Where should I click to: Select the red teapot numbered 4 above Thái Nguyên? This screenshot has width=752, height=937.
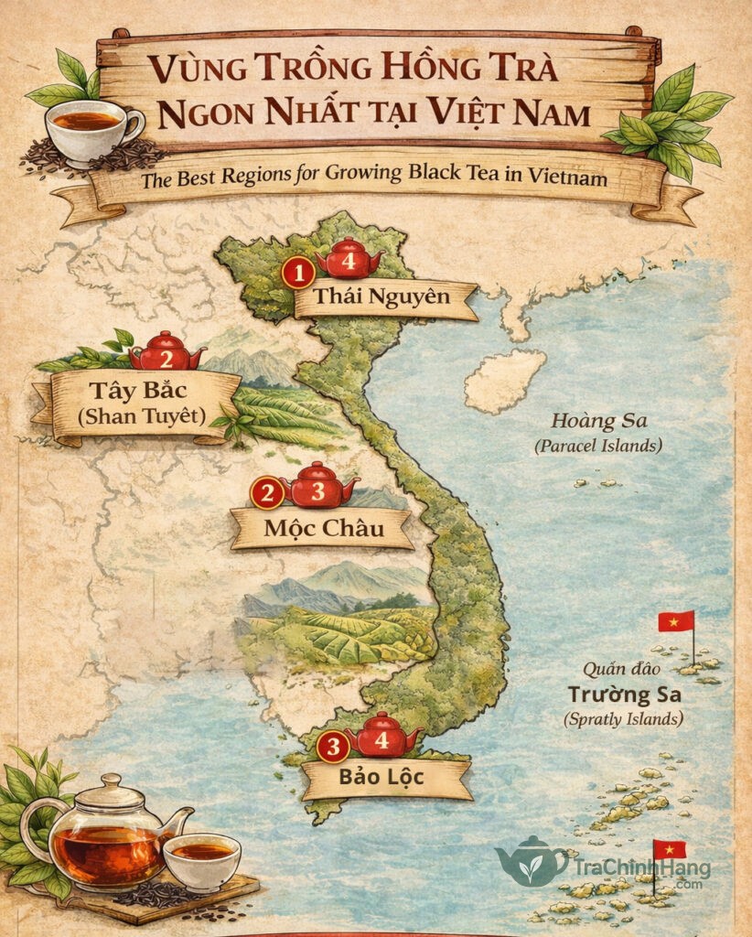[348, 259]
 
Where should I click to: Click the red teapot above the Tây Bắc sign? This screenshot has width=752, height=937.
[166, 353]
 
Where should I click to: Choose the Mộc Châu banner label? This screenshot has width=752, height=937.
[323, 528]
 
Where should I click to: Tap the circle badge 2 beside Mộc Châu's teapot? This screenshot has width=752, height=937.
[268, 495]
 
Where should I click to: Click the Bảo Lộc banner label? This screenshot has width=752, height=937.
[388, 780]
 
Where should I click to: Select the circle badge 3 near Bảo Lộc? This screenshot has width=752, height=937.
[333, 748]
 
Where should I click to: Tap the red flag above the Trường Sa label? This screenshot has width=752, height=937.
[677, 621]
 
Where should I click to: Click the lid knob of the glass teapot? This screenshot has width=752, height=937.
[110, 781]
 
